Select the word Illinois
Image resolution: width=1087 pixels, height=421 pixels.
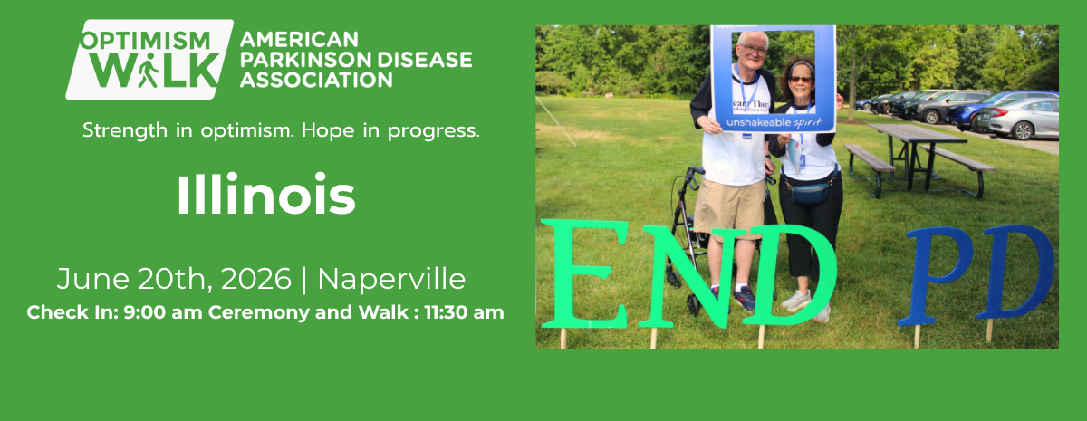265,195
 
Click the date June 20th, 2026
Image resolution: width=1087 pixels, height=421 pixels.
174,278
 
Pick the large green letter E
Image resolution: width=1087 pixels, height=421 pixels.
585,273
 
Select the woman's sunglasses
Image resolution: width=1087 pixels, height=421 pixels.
801,80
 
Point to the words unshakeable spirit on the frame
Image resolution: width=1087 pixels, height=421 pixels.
773,120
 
